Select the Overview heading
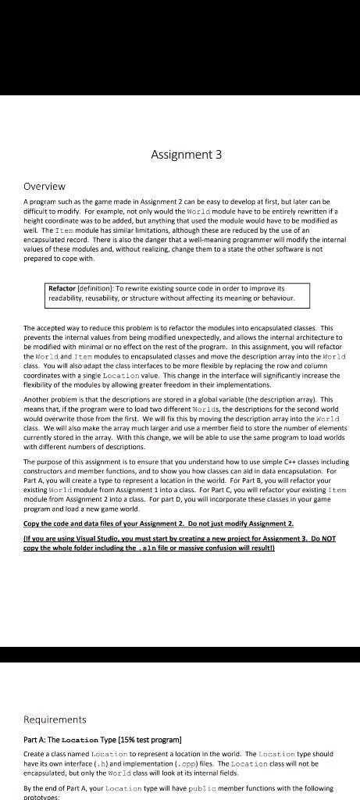[45, 187]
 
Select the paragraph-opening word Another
[37, 398]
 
